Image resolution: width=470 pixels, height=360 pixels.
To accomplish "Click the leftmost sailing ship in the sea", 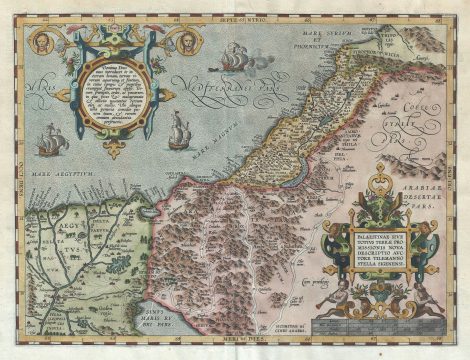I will point(53,142).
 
